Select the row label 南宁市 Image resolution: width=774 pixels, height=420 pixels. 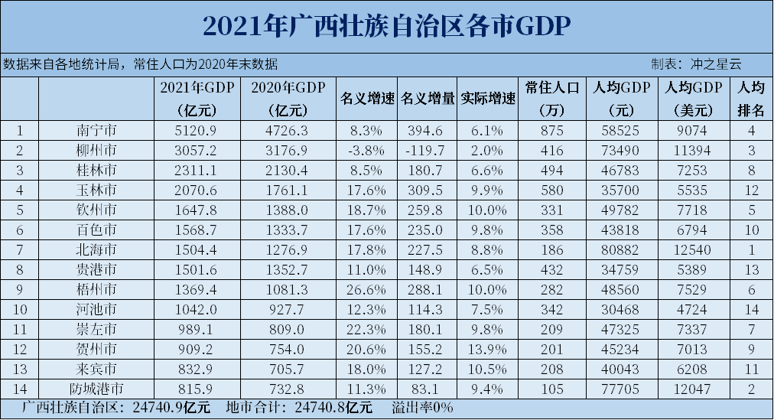coord(96,130)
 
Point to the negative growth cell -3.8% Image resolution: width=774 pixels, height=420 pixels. coord(366,149)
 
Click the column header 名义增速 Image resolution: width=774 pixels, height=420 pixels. coord(366,99)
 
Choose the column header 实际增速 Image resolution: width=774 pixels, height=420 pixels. coord(488,99)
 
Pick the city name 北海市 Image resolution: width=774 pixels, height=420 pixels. coord(96,249)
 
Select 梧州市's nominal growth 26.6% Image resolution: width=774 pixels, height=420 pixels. coord(366,289)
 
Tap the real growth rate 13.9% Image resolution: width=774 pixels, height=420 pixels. coord(488,349)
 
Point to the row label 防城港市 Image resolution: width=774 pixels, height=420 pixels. coord(96,389)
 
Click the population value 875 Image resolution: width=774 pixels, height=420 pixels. coord(551,130)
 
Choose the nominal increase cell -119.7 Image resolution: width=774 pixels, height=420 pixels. coord(427,149)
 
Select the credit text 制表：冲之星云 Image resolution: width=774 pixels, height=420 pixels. coord(696,64)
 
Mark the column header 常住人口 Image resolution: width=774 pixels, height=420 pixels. coord(551,87)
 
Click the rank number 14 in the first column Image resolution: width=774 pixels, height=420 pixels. coord(20,389)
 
